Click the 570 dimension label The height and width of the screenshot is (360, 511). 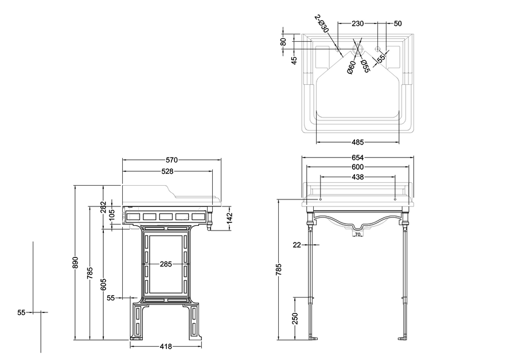tap(171, 160)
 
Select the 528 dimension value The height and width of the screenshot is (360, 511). tap(167, 171)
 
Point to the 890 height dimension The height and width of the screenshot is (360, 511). tap(75, 263)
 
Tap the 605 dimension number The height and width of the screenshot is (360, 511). tap(103, 285)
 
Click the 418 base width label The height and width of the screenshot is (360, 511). tap(166, 346)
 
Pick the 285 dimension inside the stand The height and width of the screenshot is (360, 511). tap(166, 264)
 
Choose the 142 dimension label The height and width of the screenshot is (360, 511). tap(229, 217)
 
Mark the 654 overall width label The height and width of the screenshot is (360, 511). tap(357, 158)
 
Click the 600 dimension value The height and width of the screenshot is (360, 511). tap(357, 167)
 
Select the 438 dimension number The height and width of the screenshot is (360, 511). tap(357, 177)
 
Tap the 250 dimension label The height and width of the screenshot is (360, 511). tap(295, 319)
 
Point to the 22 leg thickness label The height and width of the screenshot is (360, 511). tap(297, 245)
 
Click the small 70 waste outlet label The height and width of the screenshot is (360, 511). tap(357, 234)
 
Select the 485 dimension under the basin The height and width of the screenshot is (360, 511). tap(357, 142)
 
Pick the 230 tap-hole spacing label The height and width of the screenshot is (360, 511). tap(357, 24)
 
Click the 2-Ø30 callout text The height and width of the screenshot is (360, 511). tap(322, 24)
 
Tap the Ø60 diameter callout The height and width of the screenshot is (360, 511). tap(352, 68)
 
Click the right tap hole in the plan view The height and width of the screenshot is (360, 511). tap(378, 49)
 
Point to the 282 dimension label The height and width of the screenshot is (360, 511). tap(103, 207)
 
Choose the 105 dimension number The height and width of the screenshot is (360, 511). tap(112, 216)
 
